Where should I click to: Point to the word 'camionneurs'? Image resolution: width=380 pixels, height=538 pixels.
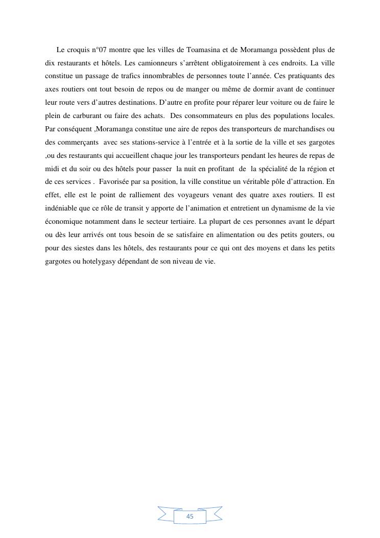tap(156, 63)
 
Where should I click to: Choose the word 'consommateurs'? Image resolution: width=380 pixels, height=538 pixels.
tap(209, 116)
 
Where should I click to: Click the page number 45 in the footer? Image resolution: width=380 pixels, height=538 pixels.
tap(190, 517)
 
